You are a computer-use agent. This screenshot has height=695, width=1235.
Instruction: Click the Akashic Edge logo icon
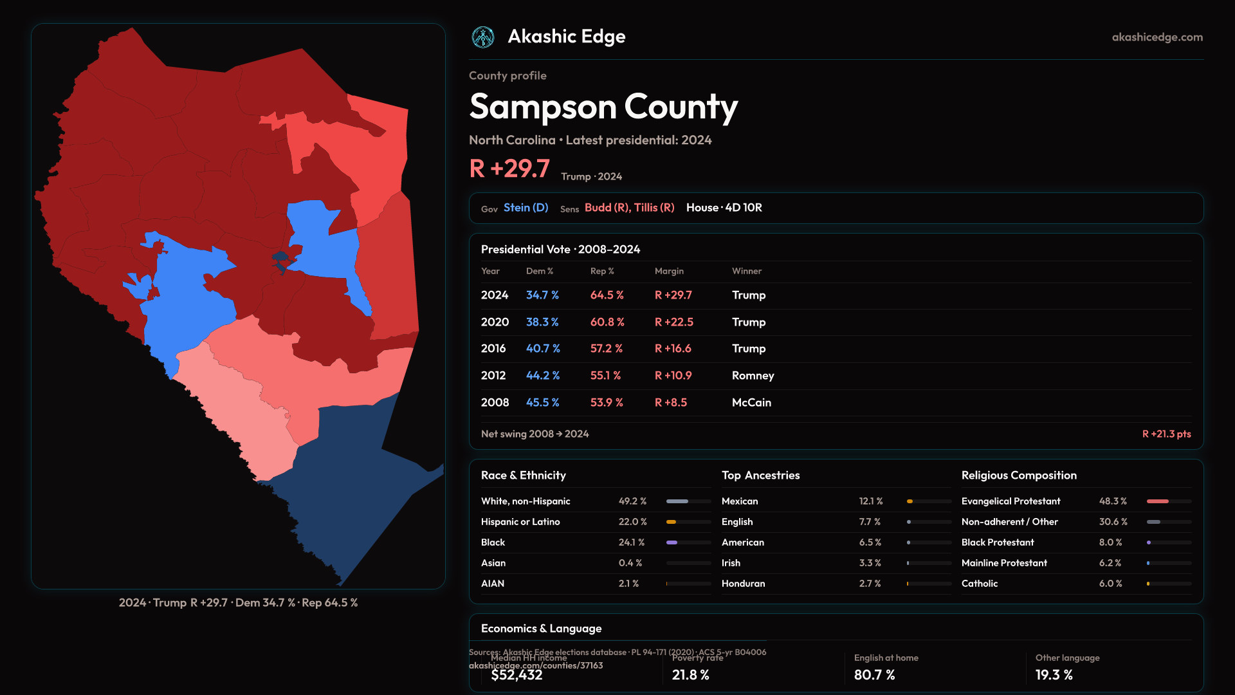482,37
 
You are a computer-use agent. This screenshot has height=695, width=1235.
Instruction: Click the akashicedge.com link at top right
1157,37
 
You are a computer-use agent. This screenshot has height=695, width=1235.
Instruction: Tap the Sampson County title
603,107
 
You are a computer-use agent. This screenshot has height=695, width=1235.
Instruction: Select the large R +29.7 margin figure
509,169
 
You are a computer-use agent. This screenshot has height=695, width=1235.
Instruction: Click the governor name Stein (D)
526,208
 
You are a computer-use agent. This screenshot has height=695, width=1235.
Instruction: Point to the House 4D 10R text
724,208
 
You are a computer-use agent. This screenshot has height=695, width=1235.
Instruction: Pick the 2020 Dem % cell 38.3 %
542,322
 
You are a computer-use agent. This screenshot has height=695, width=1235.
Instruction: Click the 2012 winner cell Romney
753,376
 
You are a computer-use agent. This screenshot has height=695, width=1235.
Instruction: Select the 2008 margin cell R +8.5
670,402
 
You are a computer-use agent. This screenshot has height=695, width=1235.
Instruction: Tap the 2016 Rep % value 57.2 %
606,348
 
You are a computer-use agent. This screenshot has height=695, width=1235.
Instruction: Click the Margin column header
669,271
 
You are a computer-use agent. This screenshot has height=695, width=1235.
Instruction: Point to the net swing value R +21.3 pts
1166,434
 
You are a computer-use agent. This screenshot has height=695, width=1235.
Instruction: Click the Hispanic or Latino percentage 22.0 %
632,522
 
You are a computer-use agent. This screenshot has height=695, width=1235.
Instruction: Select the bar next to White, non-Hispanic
688,501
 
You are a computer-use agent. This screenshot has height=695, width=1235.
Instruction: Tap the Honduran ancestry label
743,584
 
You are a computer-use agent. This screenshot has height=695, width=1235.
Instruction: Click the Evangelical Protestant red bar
1158,501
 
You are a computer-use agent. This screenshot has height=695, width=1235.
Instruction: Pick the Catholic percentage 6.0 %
1110,584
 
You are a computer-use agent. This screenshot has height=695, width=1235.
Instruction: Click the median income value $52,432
517,675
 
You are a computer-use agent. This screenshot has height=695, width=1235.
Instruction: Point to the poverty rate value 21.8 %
690,675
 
